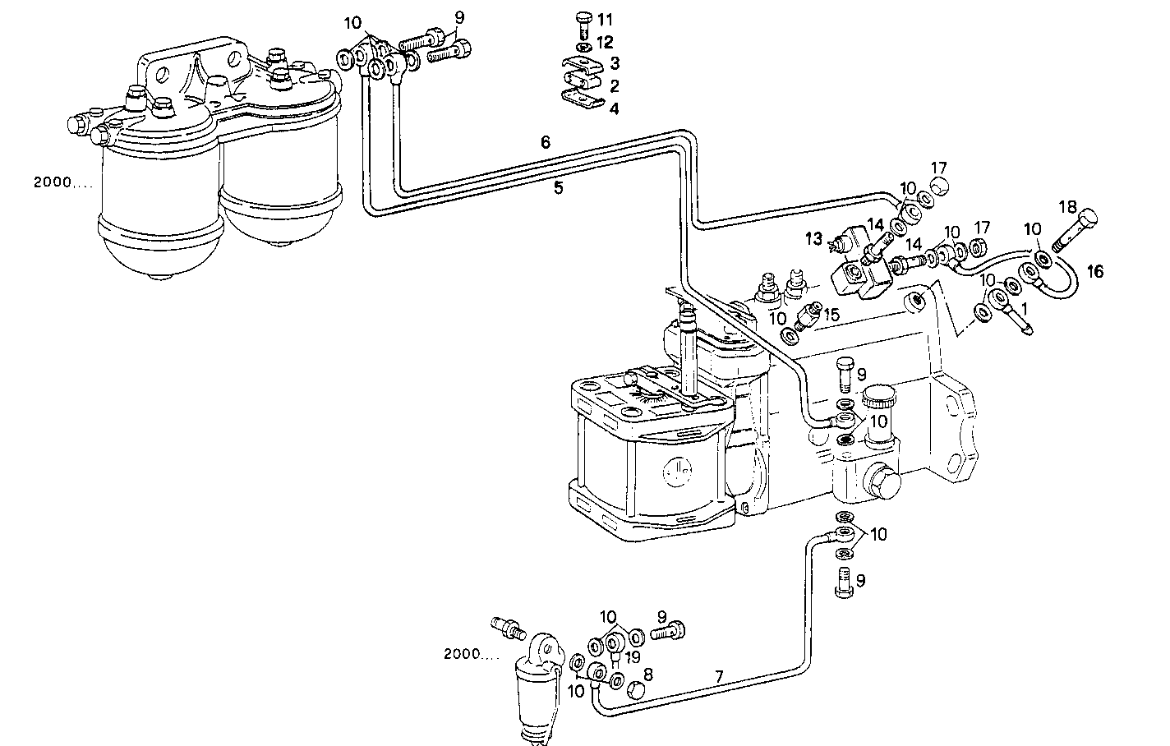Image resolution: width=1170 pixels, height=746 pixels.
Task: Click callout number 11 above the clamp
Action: [605, 19]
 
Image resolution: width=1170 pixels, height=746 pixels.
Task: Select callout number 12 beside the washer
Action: [605, 41]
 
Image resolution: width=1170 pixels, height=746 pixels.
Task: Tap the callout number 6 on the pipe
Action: [545, 141]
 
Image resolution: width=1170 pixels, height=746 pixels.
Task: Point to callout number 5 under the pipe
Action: [558, 188]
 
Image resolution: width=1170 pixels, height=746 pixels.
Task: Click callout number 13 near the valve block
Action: [813, 238]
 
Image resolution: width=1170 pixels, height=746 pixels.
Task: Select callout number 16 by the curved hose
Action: [1096, 270]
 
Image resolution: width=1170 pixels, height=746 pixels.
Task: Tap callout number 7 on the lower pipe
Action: [719, 677]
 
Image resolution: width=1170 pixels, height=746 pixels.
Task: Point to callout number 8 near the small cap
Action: [647, 674]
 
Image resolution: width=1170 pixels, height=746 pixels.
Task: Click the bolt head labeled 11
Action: [583, 17]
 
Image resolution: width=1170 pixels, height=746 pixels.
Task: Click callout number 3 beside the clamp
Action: [615, 63]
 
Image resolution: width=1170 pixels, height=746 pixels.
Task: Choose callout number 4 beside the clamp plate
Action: [615, 108]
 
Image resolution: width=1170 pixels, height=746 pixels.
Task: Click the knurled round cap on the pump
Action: [878, 400]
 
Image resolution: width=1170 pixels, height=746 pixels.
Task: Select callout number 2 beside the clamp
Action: [615, 85]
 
